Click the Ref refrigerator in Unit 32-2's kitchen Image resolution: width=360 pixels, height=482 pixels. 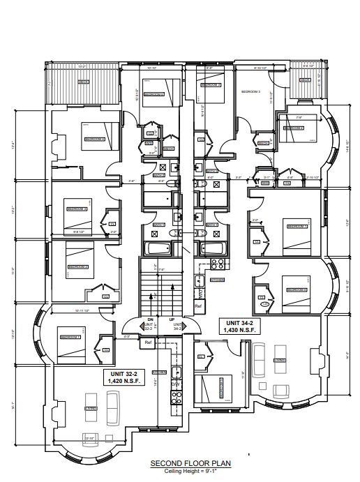pos(148,342)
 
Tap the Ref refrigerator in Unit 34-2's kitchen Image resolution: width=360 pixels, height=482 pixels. pos(198,306)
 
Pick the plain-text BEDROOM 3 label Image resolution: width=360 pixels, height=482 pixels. pos(250,91)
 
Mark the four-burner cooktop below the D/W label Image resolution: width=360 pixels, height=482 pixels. pos(177,397)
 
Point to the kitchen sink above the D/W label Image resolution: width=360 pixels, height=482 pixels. pos(177,372)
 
